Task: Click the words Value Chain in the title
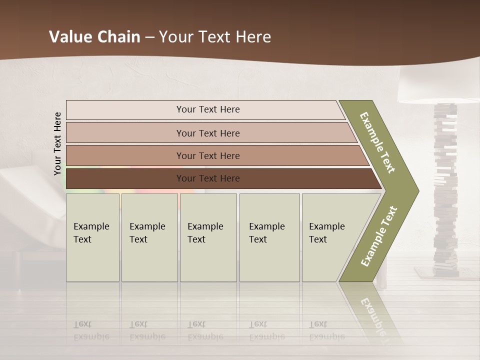click(94, 36)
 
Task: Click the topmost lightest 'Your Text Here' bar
click(207, 109)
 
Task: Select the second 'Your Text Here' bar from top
click(207, 133)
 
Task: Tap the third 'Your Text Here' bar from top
click(207, 155)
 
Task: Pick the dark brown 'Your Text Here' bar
click(207, 178)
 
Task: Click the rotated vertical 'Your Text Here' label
click(57, 143)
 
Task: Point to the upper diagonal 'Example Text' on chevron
click(377, 142)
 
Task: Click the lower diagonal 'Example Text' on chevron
click(379, 236)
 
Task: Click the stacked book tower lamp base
click(445, 190)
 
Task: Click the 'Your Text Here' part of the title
click(215, 36)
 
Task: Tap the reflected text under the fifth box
click(326, 331)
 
